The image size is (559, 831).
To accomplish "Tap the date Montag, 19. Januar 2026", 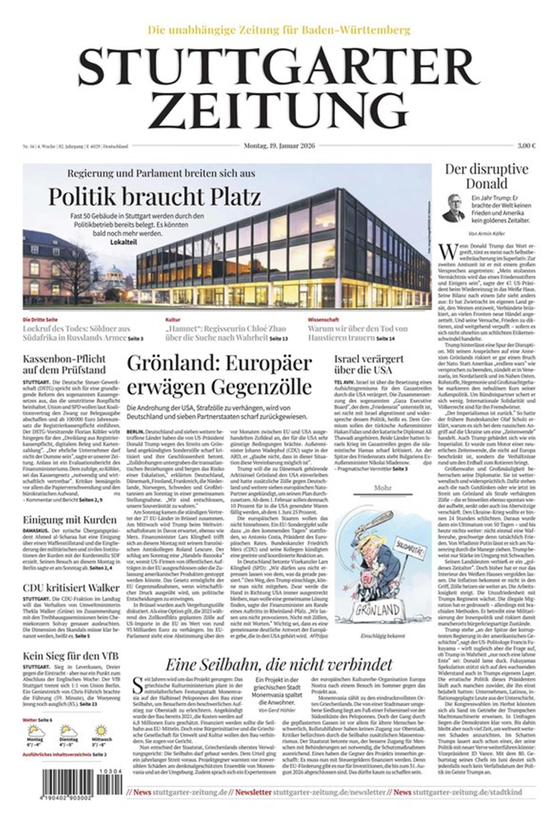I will (x=279, y=145).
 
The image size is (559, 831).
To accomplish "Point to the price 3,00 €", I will (x=527, y=145).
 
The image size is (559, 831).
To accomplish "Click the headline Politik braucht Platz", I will (x=154, y=196).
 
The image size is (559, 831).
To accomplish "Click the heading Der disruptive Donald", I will (x=487, y=176).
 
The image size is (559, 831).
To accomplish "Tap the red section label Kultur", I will (x=173, y=320).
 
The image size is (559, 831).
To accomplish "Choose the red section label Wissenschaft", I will (x=324, y=320).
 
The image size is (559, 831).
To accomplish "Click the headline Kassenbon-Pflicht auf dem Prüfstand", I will (x=64, y=364).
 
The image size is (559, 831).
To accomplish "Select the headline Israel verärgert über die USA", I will (x=369, y=364).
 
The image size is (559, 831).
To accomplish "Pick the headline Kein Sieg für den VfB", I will (x=70, y=656).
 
